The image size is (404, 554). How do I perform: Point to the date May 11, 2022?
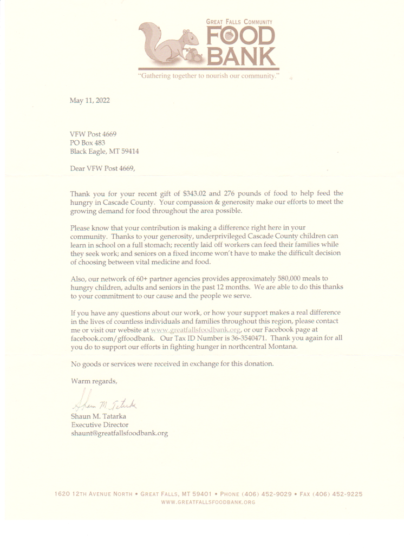pyautogui.click(x=89, y=100)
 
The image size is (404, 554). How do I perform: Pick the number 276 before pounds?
pyautogui.click(x=229, y=193)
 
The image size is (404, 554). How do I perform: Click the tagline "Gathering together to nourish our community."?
pyautogui.click(x=209, y=76)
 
